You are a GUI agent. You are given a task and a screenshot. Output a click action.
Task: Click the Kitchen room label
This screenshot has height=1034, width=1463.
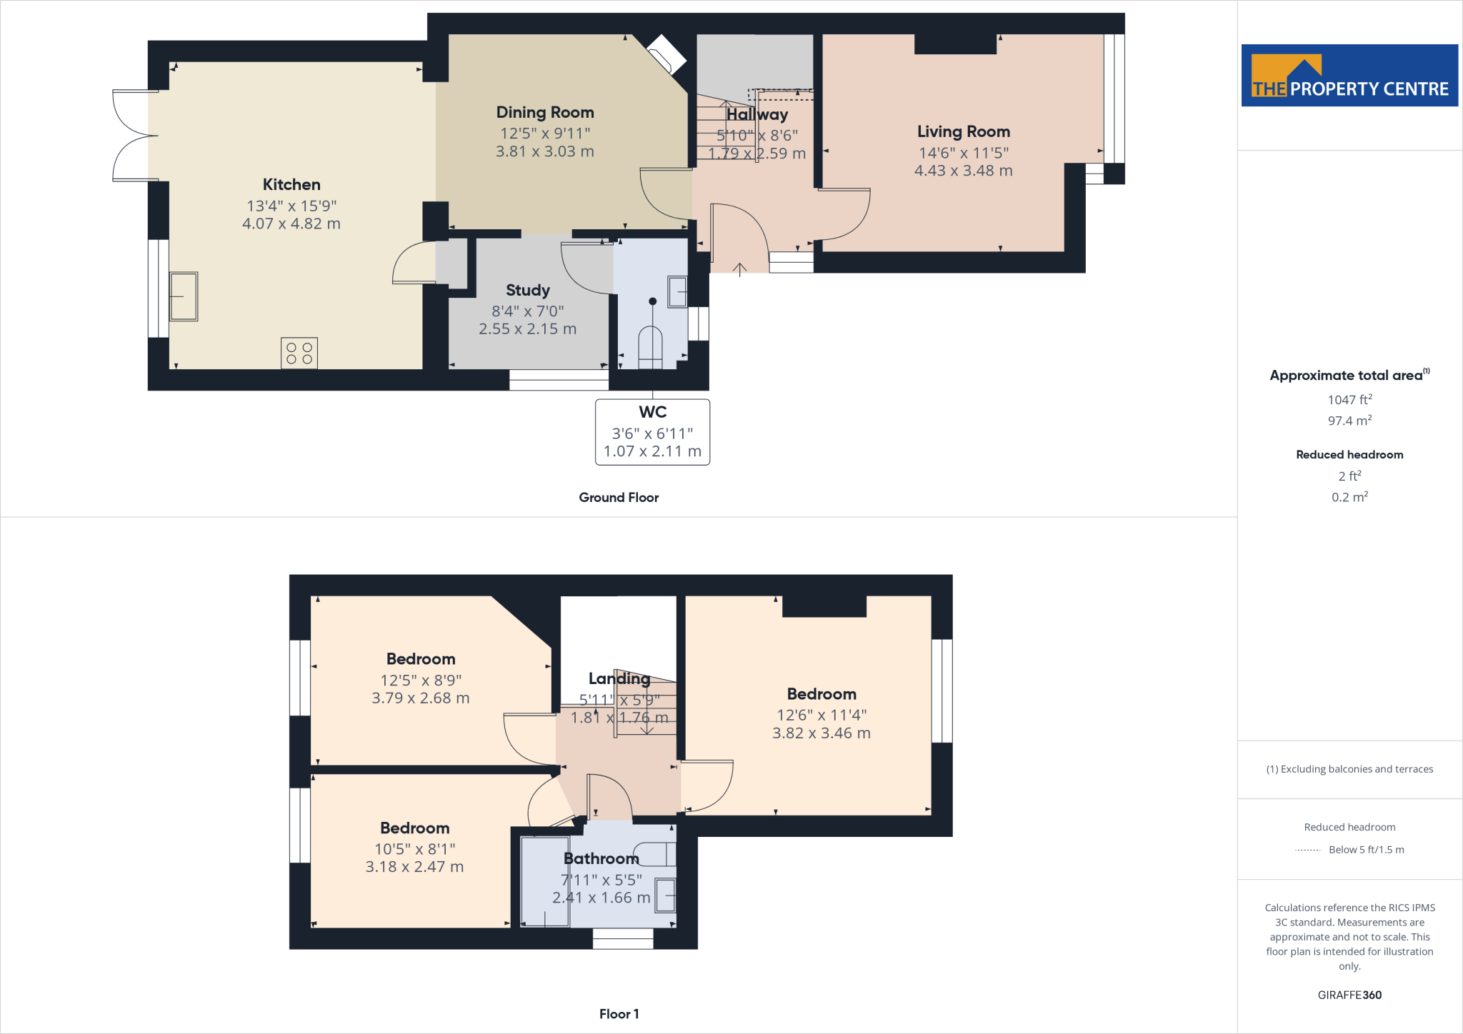point(291,184)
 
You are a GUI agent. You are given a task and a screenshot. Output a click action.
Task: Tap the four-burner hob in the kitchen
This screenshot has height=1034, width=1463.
point(299,353)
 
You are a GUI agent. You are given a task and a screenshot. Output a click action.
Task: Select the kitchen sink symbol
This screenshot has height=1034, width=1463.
point(184,296)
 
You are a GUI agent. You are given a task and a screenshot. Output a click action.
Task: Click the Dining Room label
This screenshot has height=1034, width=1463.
point(545,112)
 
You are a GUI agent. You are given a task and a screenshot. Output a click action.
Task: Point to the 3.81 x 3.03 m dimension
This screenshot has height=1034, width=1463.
point(545,151)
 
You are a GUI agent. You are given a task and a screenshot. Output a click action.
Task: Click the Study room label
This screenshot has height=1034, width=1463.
point(528,290)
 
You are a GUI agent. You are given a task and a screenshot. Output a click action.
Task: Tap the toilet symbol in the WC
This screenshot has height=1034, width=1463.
point(650,346)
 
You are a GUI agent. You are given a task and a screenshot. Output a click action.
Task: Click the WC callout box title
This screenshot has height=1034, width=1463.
point(652,412)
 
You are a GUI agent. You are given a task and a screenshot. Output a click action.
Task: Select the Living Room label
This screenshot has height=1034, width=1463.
point(964,131)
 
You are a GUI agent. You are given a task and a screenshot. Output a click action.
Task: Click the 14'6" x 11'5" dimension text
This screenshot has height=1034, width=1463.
point(964,153)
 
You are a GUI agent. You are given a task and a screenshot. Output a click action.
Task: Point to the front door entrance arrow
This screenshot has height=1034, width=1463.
point(740,268)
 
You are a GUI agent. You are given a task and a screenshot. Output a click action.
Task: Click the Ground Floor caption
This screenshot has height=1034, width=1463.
point(619,498)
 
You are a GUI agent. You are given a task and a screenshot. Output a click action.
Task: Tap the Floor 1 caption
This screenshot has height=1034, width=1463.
point(619,1014)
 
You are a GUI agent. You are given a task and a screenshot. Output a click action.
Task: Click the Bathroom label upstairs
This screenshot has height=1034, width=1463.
point(601,858)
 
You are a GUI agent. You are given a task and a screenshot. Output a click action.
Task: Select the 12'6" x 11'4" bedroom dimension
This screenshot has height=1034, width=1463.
point(822,715)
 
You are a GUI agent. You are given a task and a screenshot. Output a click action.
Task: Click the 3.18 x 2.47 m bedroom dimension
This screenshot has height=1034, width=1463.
point(414,867)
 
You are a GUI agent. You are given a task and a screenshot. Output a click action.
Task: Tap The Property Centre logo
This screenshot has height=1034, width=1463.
point(1349,76)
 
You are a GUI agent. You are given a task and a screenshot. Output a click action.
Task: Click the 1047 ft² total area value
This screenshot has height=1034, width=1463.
point(1349,400)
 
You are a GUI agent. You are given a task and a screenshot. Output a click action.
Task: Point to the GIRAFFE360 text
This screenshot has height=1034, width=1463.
point(1349,995)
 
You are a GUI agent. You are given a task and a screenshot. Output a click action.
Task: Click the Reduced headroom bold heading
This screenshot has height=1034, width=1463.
point(1349,455)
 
